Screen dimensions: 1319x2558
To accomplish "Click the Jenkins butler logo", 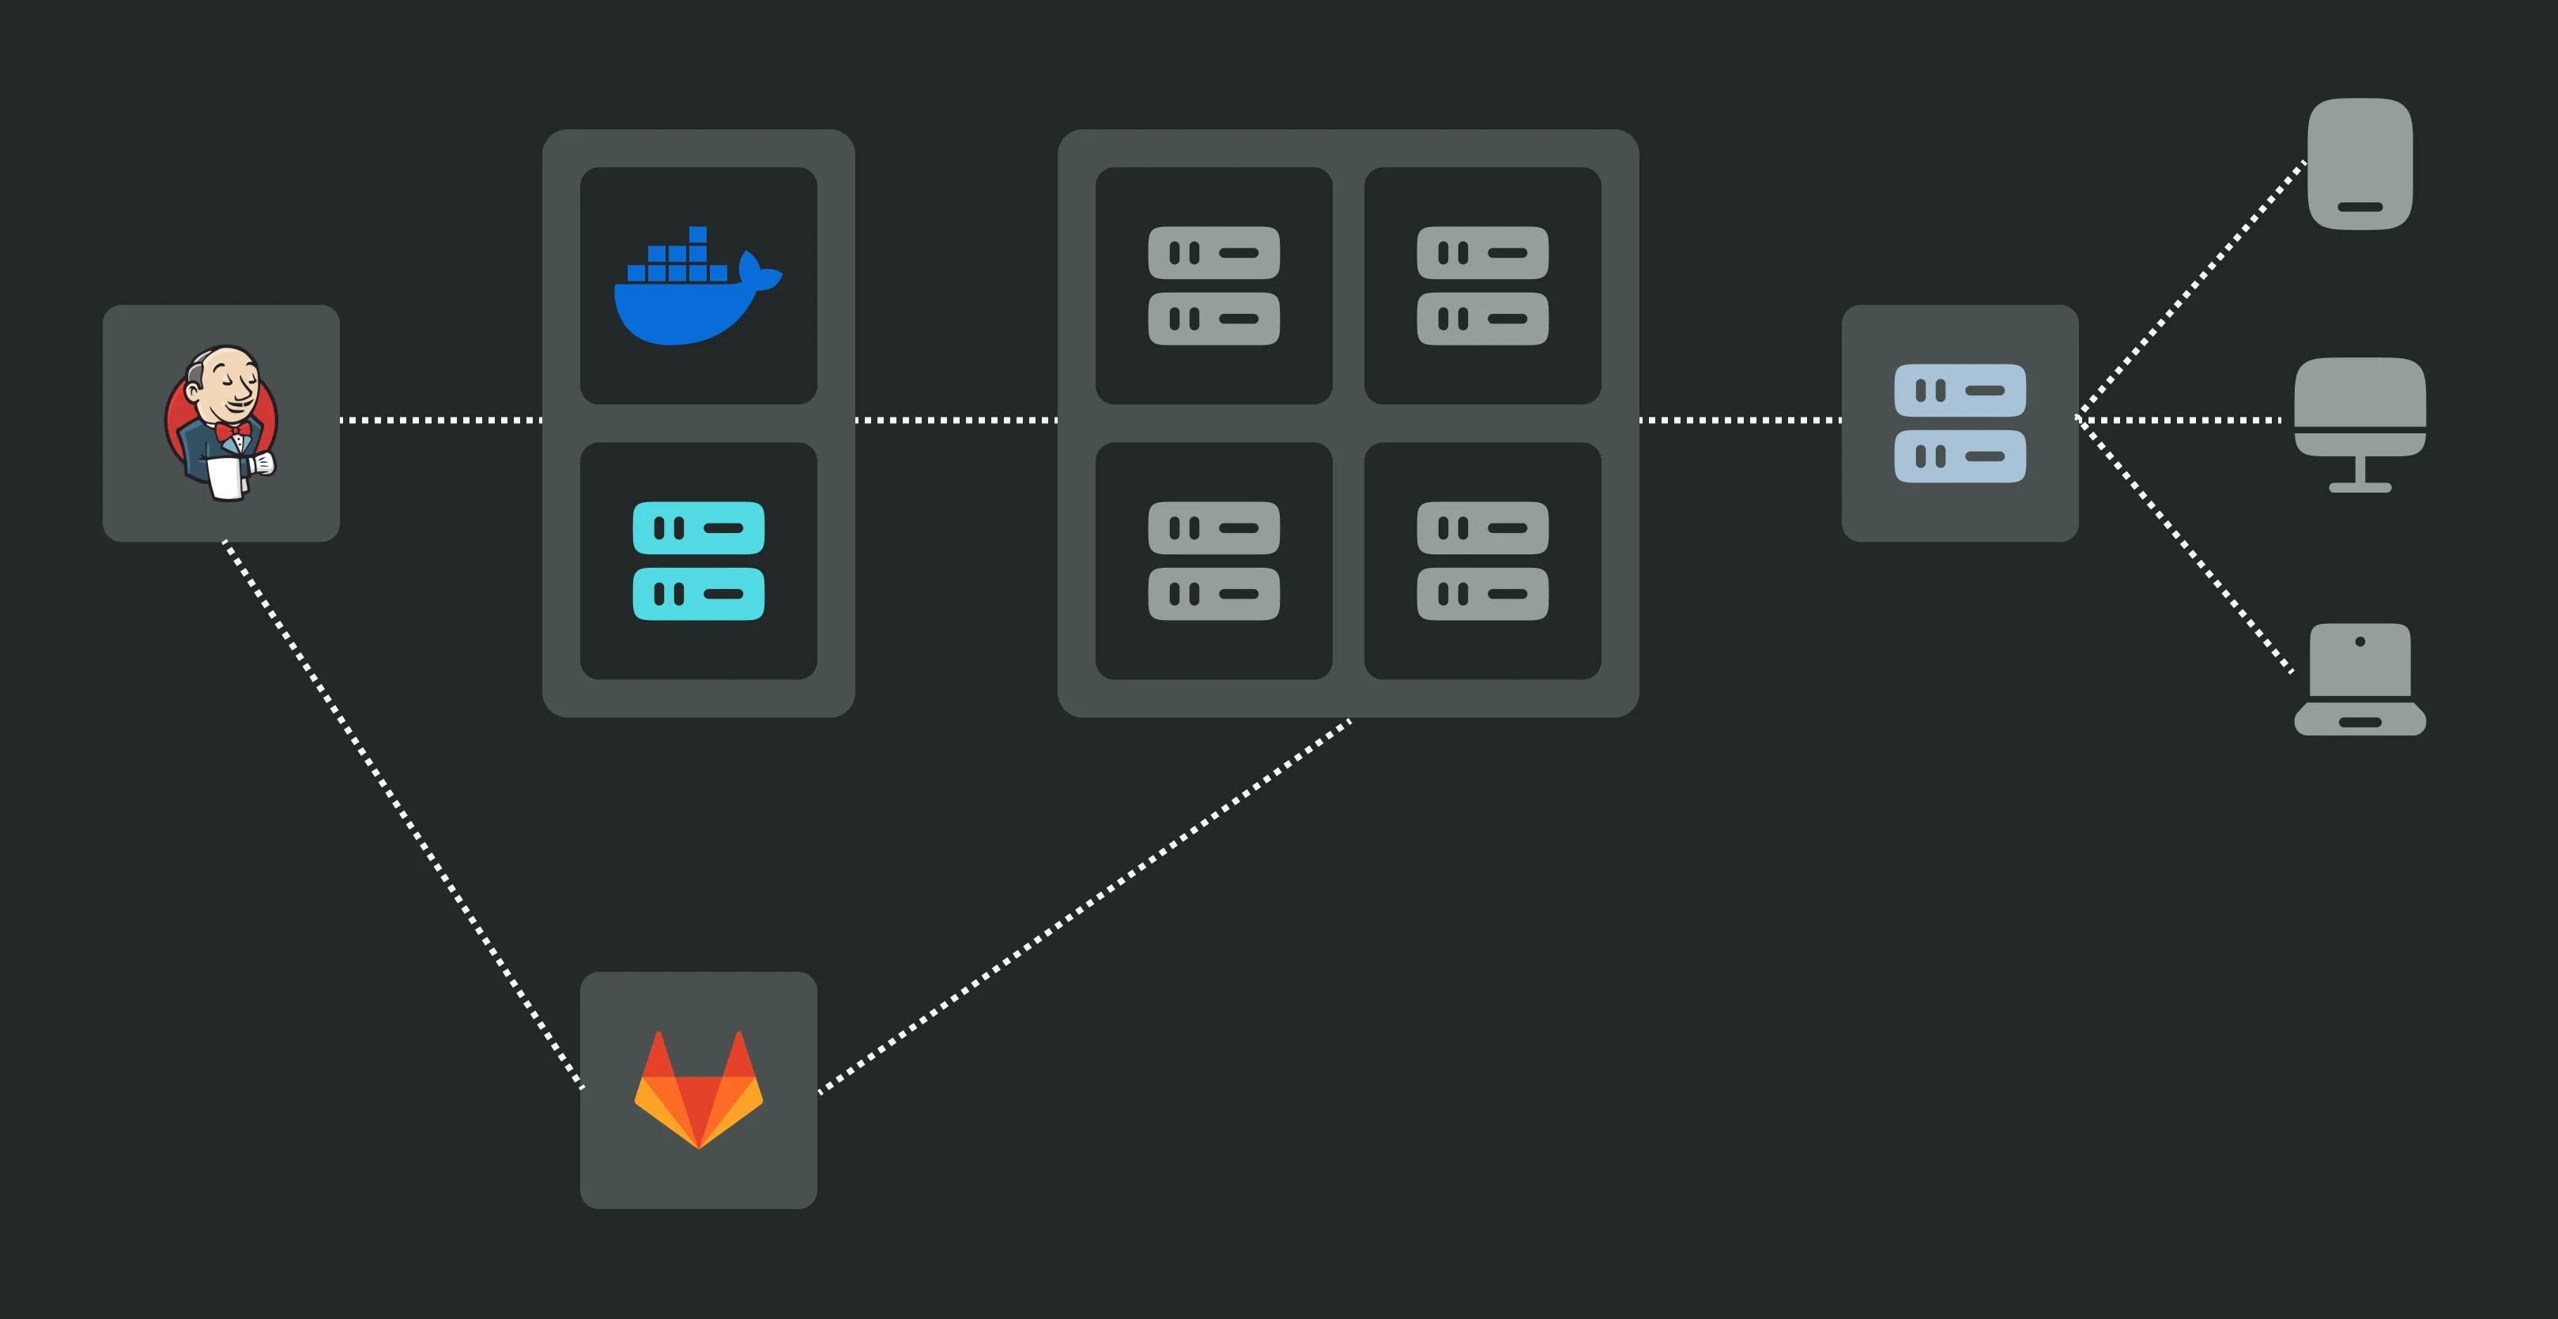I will (x=221, y=423).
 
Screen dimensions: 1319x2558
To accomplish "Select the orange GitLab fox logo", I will (x=698, y=1090).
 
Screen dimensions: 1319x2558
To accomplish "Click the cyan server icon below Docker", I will (x=698, y=561).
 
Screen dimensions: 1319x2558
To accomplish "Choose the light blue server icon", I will (x=1960, y=423).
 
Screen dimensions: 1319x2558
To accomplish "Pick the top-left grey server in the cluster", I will (x=1213, y=286).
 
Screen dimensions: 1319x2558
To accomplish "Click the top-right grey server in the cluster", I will (x=1481, y=286).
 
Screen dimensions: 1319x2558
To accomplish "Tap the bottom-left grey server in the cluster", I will (x=1213, y=561).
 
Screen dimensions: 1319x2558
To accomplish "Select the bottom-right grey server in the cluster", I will (x=1481, y=561).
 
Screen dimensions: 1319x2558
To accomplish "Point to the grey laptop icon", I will (x=2360, y=679).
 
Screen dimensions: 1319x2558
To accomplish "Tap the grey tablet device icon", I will (x=2360, y=164).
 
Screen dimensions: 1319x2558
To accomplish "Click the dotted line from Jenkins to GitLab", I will (x=402, y=814).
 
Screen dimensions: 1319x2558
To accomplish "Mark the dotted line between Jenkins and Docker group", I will (x=441, y=420).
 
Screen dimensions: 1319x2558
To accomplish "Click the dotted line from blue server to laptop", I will (x=2185, y=546).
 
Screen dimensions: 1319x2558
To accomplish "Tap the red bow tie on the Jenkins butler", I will (x=233, y=430).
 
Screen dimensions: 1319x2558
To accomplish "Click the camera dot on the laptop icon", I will (x=2360, y=641).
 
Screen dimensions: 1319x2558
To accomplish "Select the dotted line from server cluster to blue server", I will (x=1740, y=420).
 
